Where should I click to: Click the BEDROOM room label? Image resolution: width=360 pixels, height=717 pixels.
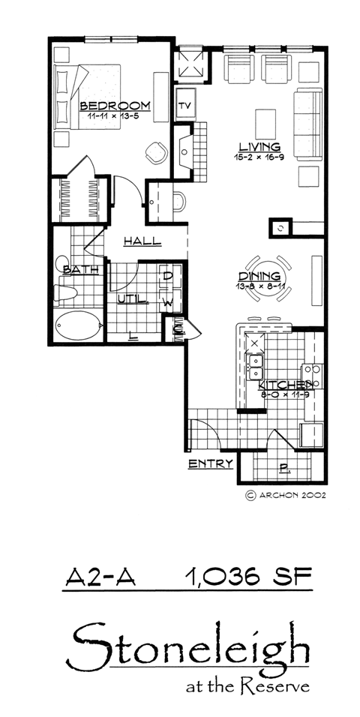115,105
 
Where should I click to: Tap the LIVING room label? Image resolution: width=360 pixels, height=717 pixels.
259,146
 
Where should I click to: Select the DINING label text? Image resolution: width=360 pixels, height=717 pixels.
259,276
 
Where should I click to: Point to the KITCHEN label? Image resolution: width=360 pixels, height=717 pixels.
286,384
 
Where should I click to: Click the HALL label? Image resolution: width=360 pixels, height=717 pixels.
142,241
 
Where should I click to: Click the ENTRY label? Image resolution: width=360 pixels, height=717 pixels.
211,463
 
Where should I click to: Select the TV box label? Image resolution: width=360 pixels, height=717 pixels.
184,103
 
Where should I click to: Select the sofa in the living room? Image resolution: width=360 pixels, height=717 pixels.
307,124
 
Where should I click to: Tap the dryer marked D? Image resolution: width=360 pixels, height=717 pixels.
168,277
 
